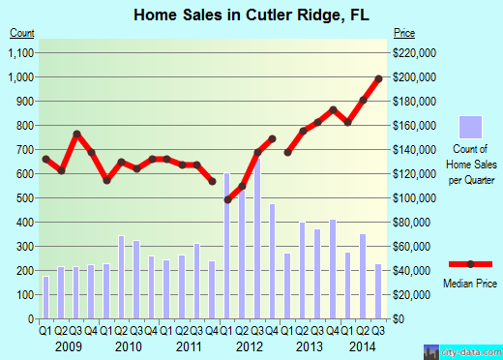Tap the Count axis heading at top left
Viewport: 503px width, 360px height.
[21, 33]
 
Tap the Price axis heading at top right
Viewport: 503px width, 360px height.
[402, 33]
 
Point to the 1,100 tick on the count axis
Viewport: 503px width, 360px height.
[21, 52]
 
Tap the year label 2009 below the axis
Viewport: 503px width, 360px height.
[68, 345]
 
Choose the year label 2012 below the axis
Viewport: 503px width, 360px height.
[250, 345]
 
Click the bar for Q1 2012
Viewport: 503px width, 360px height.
[227, 246]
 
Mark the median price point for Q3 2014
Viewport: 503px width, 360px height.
[378, 77]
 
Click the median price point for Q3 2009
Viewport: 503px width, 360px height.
[76, 134]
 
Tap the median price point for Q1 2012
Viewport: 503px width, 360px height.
[227, 199]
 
